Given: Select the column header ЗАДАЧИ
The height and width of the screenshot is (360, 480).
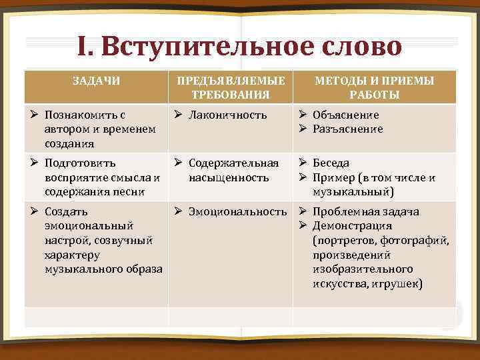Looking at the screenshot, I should coord(96,81).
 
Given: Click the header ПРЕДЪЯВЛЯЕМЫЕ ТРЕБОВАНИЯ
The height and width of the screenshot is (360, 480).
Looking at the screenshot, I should coord(230,87).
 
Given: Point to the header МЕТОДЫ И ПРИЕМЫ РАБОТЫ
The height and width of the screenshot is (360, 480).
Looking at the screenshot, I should coord(375,87).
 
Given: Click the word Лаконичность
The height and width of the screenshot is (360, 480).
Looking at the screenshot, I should coord(228,115).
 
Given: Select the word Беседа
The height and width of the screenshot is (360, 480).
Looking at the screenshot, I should coord(331,163).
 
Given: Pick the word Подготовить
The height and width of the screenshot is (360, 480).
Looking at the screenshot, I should coord(80,163).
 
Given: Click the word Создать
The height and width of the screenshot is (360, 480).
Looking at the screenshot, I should coord(65,212).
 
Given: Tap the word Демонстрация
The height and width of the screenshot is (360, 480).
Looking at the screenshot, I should coord(354,226).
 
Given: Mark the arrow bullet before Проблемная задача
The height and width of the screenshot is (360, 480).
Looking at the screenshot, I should coord(302,212).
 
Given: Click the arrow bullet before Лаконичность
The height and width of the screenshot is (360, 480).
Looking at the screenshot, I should coord(178,115).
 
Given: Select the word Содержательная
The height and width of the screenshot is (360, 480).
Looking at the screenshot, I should coord(233,163).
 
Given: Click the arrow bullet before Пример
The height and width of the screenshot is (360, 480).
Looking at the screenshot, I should coord(302,177).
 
